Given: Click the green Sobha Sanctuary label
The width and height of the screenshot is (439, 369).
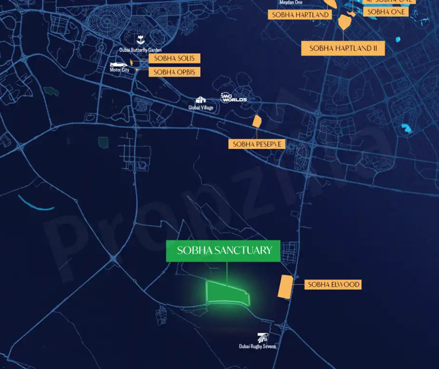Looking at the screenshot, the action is tap(223, 251).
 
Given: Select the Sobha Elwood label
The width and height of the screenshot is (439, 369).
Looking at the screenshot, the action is tap(333, 284).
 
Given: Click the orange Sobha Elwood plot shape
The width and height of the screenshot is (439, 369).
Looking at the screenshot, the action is tap(284, 286).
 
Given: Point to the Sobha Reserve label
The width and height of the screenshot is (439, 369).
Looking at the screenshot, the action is tap(257, 144).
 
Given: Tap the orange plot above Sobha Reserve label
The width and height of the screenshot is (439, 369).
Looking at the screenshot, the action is tap(257, 122).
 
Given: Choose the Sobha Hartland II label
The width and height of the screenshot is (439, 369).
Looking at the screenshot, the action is tap(343, 48).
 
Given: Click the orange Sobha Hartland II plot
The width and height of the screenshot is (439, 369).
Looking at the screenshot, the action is tap(345, 22).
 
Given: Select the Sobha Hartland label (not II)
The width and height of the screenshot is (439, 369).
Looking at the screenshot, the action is tap(300, 15).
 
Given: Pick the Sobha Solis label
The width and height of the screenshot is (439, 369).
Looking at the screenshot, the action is tap(174, 58).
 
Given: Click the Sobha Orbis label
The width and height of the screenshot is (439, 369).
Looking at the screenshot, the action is tap(174, 72).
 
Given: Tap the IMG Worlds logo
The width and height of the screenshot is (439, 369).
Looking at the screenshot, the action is tap(233, 98).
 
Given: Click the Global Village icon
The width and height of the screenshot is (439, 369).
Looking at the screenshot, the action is tap(200, 100).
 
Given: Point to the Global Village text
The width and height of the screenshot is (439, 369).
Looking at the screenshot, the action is tap(201, 108).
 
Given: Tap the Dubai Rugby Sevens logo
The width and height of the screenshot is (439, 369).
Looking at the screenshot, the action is tap(263, 338).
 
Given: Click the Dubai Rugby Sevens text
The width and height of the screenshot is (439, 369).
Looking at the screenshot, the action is tap(257, 347).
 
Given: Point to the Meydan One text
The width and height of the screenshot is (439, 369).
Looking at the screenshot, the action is tap(290, 2).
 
